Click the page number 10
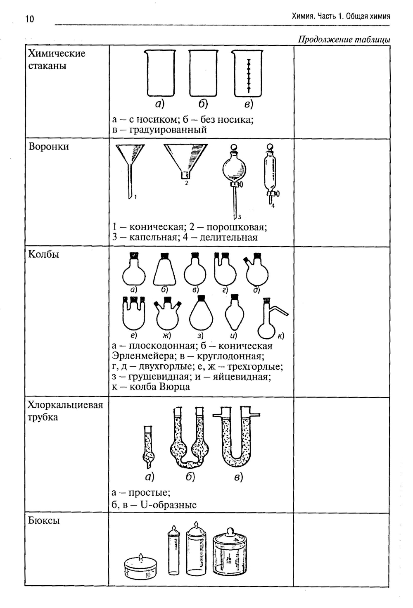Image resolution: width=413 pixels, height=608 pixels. pyautogui.click(x=30, y=19)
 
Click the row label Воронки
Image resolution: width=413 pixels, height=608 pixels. pyautogui.click(x=49, y=147)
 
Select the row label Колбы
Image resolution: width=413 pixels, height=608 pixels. pyautogui.click(x=44, y=254)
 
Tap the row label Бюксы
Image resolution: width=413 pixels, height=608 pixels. pyautogui.click(x=44, y=520)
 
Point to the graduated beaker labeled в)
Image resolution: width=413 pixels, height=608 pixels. pyautogui.click(x=248, y=74)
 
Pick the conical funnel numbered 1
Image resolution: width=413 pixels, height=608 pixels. pyautogui.click(x=130, y=165)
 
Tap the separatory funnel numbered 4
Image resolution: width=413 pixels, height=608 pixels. pyautogui.click(x=271, y=173)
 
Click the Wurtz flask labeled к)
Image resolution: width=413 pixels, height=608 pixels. pyautogui.click(x=268, y=324)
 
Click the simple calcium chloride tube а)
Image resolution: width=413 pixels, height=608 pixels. pyautogui.click(x=148, y=448)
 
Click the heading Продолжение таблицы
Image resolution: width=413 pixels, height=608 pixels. pyautogui.click(x=344, y=40)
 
